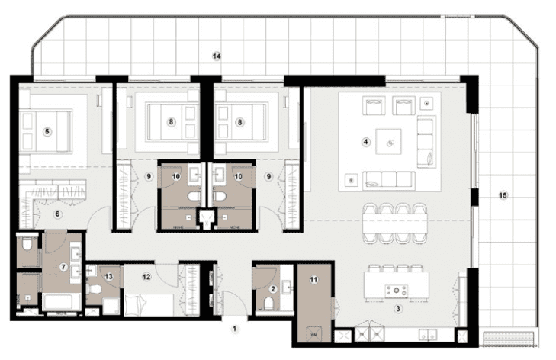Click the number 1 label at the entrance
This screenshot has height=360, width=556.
(235, 329)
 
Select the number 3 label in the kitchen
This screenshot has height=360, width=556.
(397, 308)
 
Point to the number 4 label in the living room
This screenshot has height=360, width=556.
(366, 140)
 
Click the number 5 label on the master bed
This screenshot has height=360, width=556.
(47, 132)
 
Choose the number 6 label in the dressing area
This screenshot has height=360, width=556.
(57, 214)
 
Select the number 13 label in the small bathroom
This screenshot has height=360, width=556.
(109, 276)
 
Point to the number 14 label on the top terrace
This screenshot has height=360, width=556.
(217, 56)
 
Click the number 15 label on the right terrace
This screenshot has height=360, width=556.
(502, 195)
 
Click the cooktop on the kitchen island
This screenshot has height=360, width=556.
(395, 290)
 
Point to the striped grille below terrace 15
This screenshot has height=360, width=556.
(509, 337)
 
